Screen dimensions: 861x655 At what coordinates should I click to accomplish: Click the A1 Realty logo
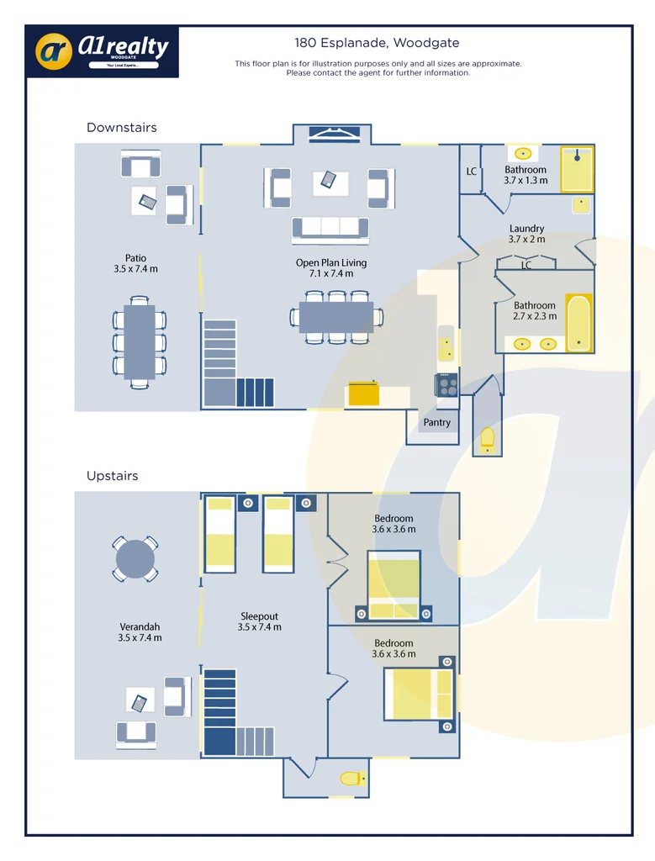coord(102,50)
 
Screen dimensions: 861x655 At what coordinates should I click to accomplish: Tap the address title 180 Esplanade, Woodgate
coord(377,43)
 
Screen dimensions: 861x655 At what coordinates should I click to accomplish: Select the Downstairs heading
coord(122,128)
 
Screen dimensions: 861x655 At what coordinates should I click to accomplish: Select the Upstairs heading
coord(112,476)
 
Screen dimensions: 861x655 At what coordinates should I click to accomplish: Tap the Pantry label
coord(436,423)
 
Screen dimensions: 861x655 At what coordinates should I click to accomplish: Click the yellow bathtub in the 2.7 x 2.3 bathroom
coord(578,322)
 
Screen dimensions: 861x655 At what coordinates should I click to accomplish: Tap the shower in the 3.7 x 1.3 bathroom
coord(577,168)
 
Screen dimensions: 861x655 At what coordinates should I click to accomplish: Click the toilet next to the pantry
coord(487,436)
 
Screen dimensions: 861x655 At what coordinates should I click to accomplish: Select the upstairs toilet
coord(351,779)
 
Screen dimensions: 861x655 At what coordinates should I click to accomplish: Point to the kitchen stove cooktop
coord(446,385)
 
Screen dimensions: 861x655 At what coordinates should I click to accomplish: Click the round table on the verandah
coord(135,558)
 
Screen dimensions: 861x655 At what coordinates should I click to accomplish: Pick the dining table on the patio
coord(140,341)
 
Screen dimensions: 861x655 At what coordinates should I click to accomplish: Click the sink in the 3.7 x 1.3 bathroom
coord(523,153)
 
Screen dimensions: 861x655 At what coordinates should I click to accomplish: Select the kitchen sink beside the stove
coord(446,343)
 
